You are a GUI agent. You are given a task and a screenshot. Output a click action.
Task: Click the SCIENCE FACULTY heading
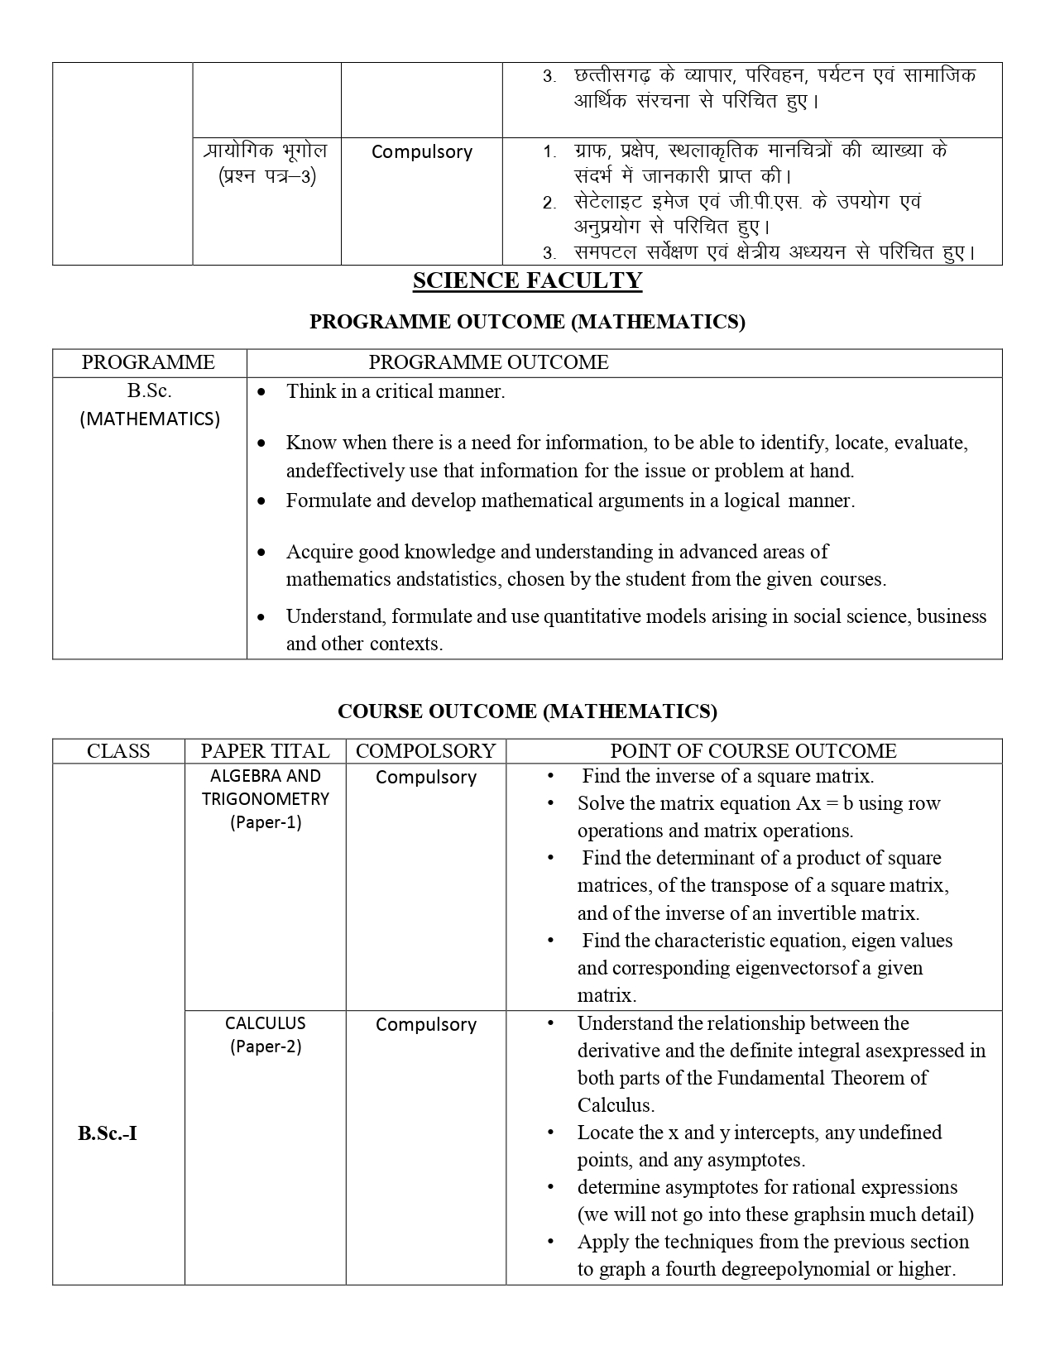(x=527, y=281)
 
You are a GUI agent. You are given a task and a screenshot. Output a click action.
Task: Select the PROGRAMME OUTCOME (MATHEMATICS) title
(x=527, y=322)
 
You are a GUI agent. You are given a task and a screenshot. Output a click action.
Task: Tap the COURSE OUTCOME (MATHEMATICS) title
(x=527, y=711)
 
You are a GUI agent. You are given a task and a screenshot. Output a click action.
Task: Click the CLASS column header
(x=118, y=751)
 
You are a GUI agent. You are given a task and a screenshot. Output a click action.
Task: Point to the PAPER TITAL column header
(x=265, y=751)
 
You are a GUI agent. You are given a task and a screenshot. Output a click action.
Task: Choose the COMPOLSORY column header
(x=425, y=751)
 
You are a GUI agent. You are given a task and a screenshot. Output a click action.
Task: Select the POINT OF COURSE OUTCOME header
(x=753, y=751)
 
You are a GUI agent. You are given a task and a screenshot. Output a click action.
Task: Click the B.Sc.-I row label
(x=108, y=1133)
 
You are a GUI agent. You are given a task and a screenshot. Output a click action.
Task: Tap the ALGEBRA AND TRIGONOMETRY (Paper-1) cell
(x=266, y=799)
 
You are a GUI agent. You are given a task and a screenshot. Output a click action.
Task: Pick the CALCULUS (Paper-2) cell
(x=266, y=1035)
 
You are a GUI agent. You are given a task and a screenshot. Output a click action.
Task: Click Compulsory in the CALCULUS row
(x=426, y=1025)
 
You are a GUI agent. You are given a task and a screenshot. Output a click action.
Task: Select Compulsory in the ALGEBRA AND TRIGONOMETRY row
(x=426, y=778)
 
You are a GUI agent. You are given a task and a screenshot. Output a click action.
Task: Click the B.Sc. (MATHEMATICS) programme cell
(x=150, y=405)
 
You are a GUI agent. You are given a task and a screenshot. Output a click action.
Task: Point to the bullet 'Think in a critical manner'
(x=396, y=392)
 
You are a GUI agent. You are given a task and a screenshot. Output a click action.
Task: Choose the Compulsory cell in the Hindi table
(x=422, y=152)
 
